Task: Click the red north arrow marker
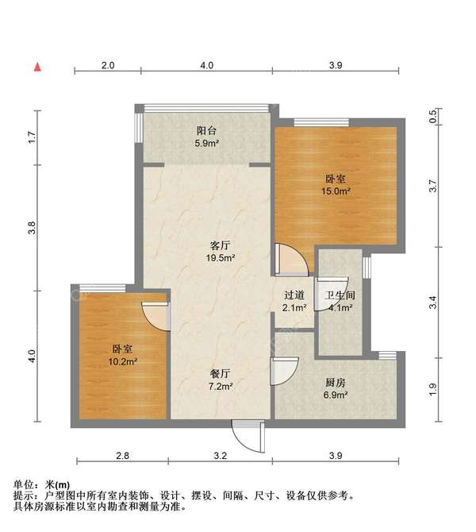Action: point(36,67)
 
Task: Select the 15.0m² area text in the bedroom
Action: point(337,191)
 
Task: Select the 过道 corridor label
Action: point(294,296)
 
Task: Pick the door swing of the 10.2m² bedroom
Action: point(155,314)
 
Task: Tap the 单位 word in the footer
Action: point(25,484)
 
